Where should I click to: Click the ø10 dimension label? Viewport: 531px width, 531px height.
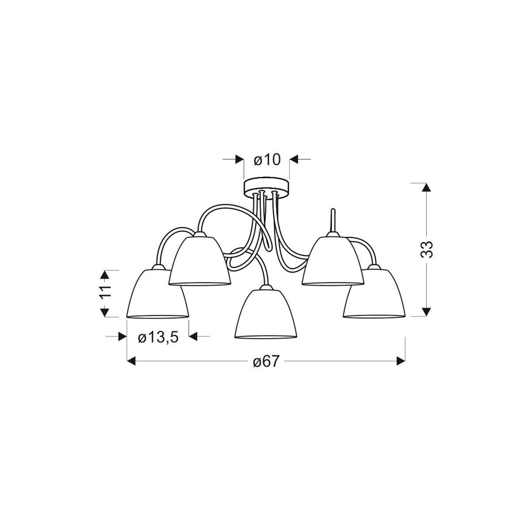(267, 159)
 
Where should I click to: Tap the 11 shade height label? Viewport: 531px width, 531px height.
(104, 293)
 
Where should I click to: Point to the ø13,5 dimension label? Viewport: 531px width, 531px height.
(158, 338)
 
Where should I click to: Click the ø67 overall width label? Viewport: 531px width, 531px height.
(267, 362)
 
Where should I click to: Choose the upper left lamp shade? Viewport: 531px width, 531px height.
(200, 262)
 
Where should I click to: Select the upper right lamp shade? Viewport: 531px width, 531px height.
(333, 262)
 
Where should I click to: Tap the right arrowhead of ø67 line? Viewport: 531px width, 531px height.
(401, 362)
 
